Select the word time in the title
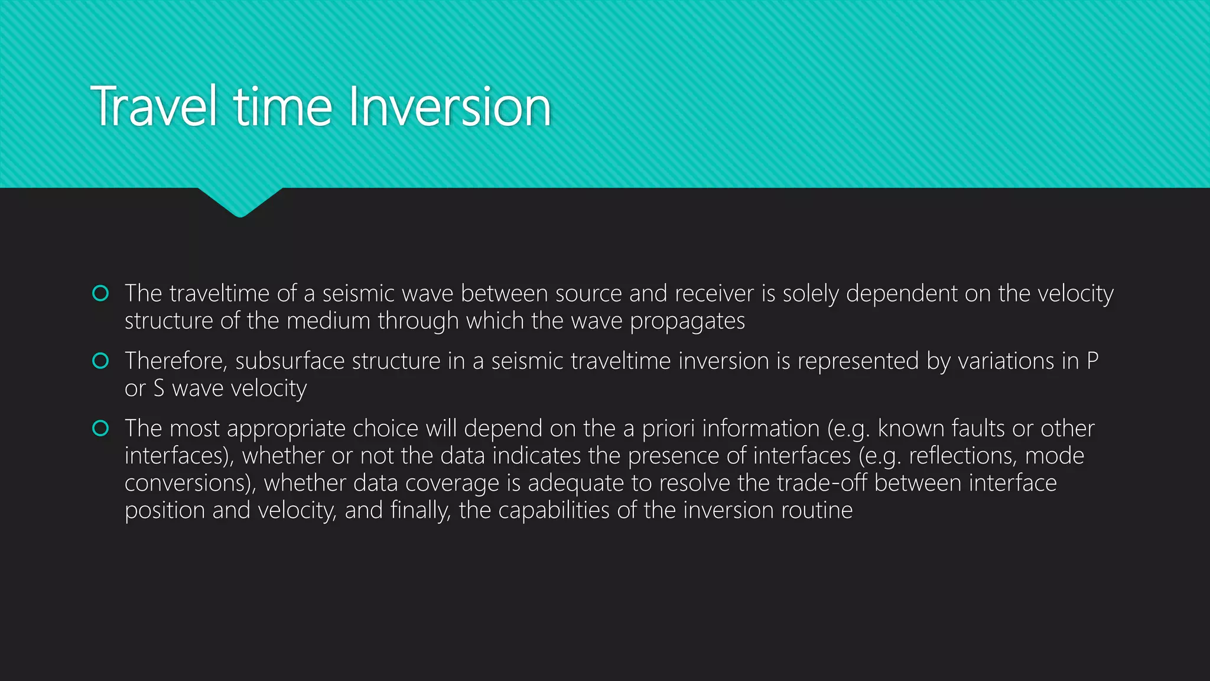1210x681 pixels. pyautogui.click(x=284, y=107)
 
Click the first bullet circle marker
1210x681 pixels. pyautogui.click(x=100, y=293)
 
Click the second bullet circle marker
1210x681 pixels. pyautogui.click(x=100, y=361)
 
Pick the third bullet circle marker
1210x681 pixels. pyautogui.click(x=100, y=428)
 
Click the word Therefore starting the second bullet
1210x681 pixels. pyautogui.click(x=175, y=361)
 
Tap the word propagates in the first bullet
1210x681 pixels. pyautogui.click(x=687, y=322)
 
